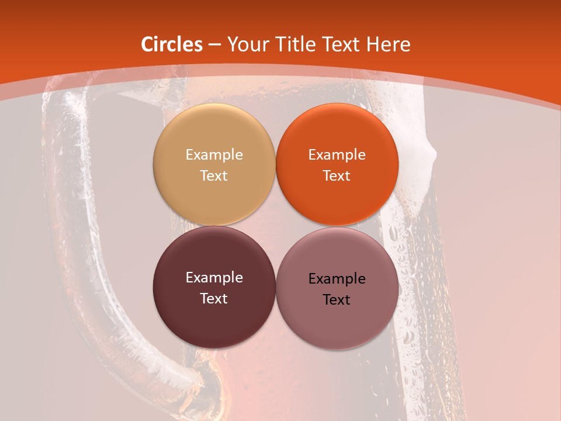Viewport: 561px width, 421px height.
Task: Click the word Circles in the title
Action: click(x=172, y=44)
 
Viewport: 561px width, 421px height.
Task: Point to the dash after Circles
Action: click(x=214, y=45)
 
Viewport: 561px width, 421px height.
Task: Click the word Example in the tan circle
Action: click(x=214, y=155)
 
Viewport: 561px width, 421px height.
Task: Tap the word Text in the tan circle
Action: click(x=214, y=175)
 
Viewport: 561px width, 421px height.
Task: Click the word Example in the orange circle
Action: click(x=337, y=155)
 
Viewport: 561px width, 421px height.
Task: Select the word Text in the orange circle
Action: click(x=337, y=175)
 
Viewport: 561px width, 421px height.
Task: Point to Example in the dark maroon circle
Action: click(x=214, y=278)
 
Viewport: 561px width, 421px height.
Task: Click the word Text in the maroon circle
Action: click(x=214, y=298)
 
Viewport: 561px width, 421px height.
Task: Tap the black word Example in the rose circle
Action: click(x=337, y=279)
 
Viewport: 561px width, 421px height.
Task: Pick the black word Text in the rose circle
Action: click(x=337, y=299)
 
